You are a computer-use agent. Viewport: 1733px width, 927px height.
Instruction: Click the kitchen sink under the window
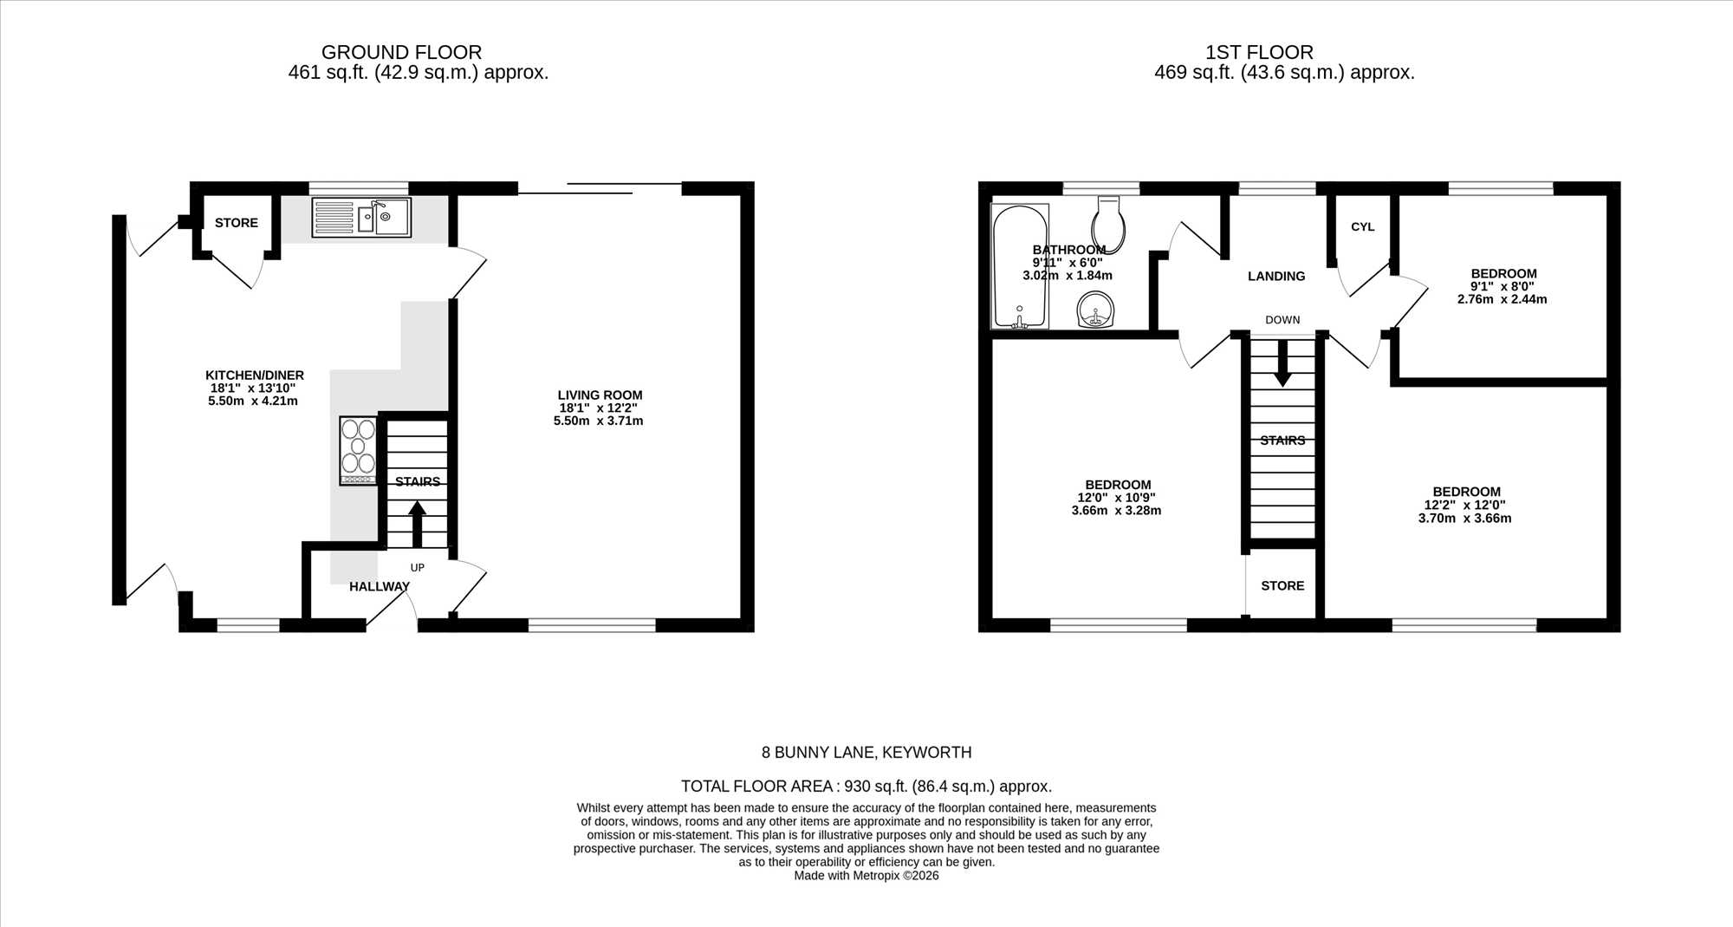pyautogui.click(x=361, y=218)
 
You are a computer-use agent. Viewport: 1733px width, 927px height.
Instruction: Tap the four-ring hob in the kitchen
pyautogui.click(x=358, y=450)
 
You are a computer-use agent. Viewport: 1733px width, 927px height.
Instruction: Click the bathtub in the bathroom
pyautogui.click(x=1020, y=266)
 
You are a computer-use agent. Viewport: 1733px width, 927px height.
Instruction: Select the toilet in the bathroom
pyautogui.click(x=1109, y=224)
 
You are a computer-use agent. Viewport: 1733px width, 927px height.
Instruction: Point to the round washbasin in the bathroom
pyautogui.click(x=1096, y=310)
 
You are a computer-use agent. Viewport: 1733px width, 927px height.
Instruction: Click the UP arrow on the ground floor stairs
pyautogui.click(x=417, y=524)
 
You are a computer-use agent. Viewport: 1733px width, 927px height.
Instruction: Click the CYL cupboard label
pyautogui.click(x=1362, y=226)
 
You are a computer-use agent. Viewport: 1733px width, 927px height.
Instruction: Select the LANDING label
pyautogui.click(x=1275, y=276)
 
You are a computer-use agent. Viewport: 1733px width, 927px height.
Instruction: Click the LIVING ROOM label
pyautogui.click(x=600, y=395)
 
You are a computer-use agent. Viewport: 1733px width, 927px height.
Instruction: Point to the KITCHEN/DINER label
pyautogui.click(x=255, y=375)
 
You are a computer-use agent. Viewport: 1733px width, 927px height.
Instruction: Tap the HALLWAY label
pyautogui.click(x=380, y=586)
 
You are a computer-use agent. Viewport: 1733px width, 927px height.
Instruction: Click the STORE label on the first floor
pyautogui.click(x=1282, y=585)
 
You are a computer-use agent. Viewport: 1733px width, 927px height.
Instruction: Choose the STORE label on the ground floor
pyautogui.click(x=237, y=223)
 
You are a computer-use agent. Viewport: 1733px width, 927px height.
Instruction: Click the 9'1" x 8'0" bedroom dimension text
pyautogui.click(x=1503, y=286)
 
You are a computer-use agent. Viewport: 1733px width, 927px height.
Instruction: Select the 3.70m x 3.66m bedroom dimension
pyautogui.click(x=1464, y=519)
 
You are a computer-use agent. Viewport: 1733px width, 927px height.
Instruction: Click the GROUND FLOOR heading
pyautogui.click(x=401, y=52)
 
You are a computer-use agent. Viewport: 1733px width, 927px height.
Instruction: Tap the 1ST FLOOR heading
pyautogui.click(x=1259, y=52)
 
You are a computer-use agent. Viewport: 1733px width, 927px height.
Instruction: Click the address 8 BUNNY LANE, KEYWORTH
pyautogui.click(x=866, y=753)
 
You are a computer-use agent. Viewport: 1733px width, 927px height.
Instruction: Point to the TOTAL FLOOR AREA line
pyautogui.click(x=866, y=787)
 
